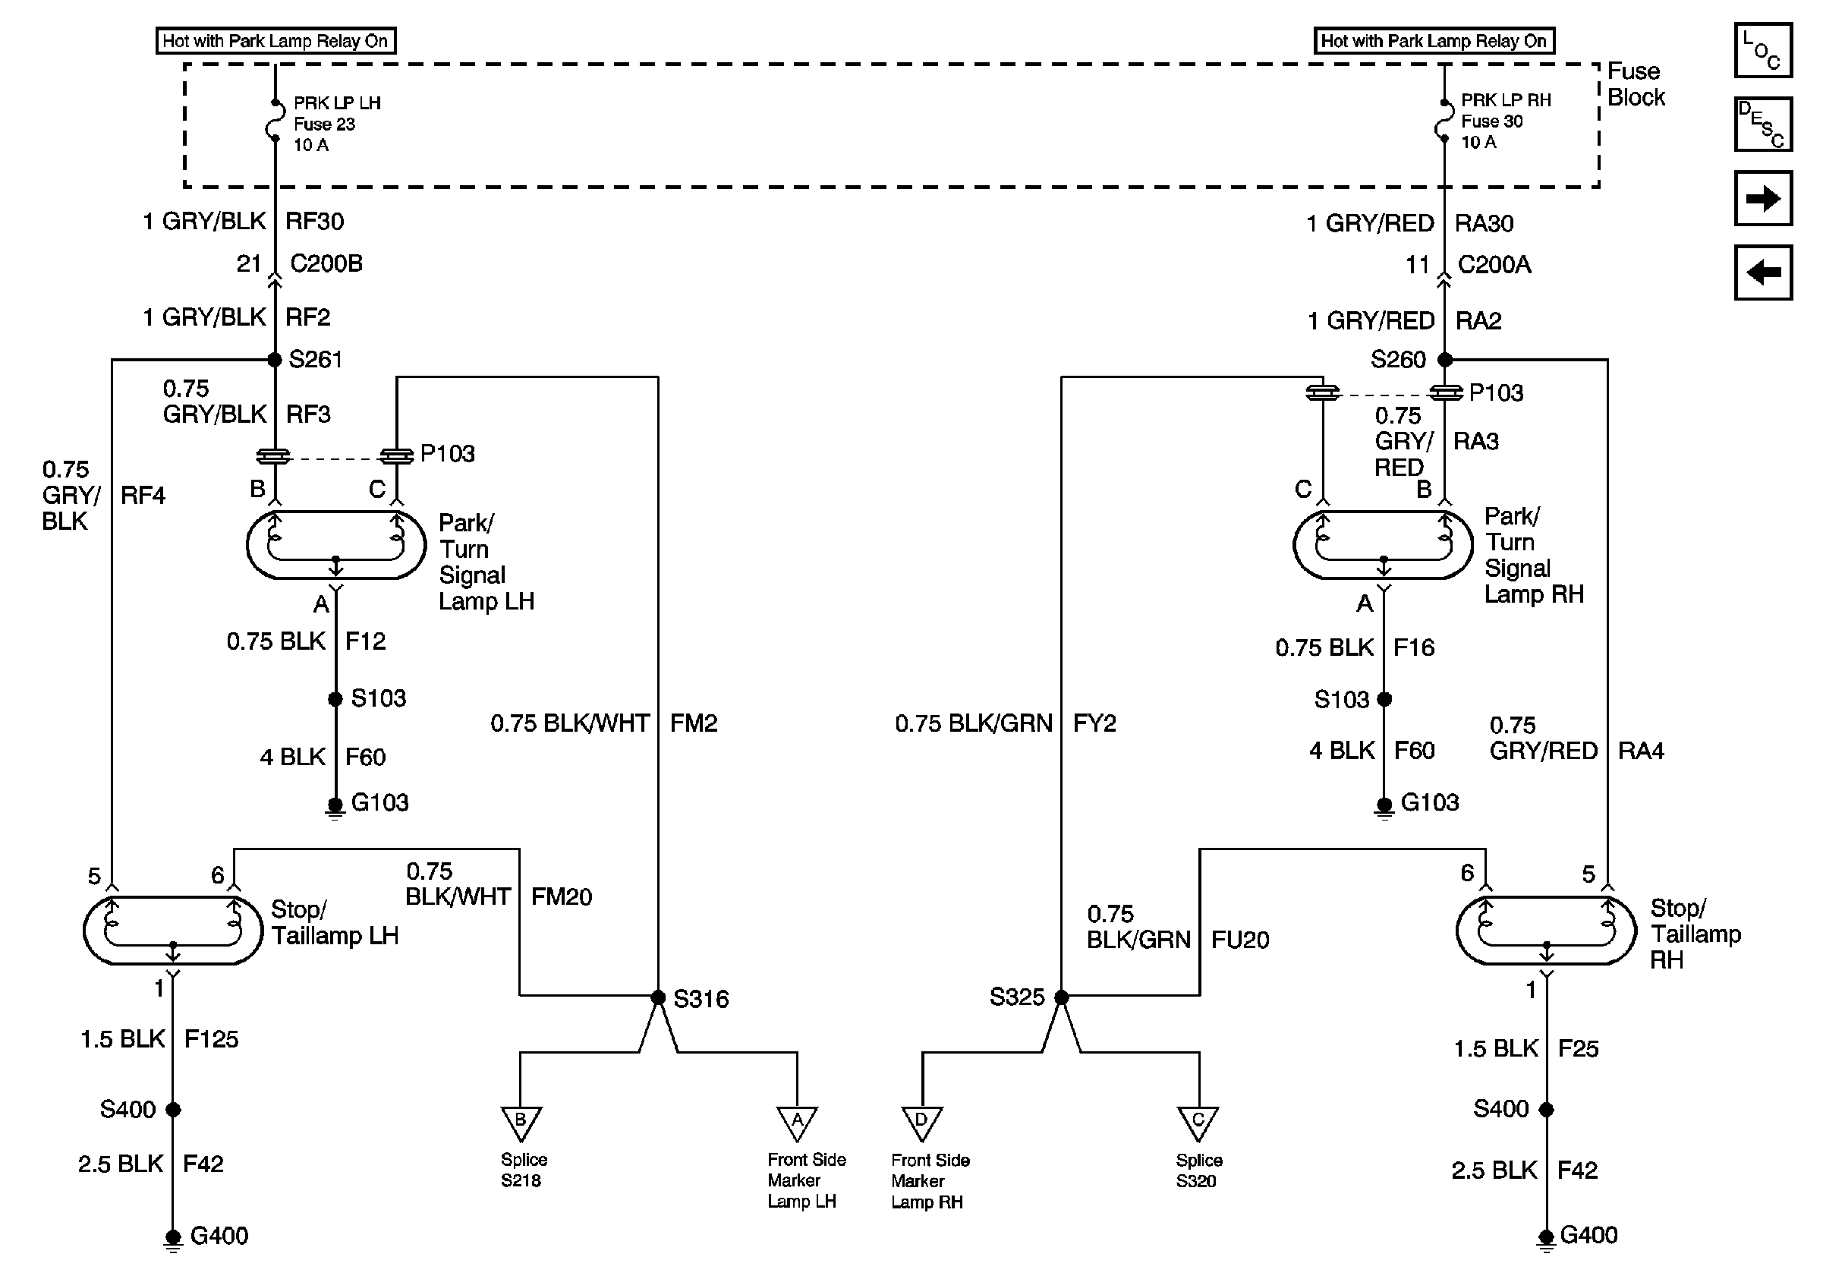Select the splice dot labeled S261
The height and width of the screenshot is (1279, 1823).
(x=275, y=360)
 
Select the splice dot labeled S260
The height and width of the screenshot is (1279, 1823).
(x=1445, y=360)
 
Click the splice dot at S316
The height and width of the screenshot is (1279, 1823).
(x=658, y=997)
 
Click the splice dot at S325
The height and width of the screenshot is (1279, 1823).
(x=1062, y=997)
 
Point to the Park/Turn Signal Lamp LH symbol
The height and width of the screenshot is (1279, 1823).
(x=336, y=545)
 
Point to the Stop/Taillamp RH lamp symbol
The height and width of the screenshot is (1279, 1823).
(x=1546, y=931)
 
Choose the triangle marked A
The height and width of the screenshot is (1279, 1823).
(x=797, y=1124)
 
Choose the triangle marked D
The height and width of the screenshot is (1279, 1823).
(x=922, y=1124)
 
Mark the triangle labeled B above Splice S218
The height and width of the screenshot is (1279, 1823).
(x=521, y=1124)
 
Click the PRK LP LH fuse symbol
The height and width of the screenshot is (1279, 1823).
(x=275, y=121)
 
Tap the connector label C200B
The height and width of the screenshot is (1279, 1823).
(x=326, y=263)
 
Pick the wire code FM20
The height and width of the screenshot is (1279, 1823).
(x=562, y=897)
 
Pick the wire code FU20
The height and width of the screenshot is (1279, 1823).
(x=1240, y=940)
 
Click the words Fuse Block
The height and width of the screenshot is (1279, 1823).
(x=1636, y=84)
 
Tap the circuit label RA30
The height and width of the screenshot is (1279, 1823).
(x=1484, y=224)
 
